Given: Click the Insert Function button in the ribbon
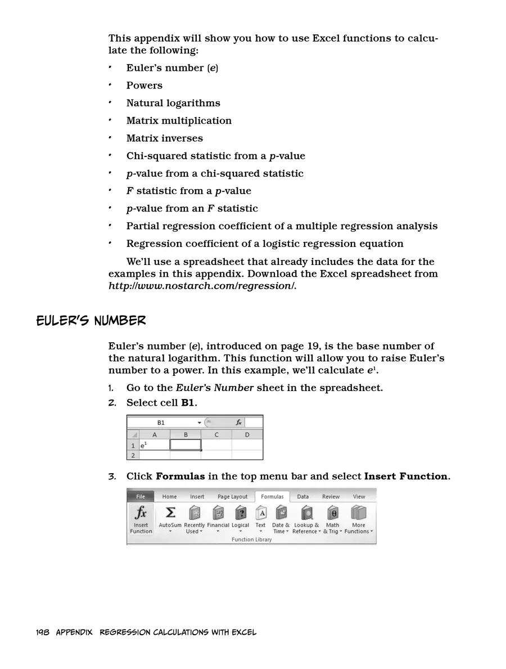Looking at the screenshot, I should point(141,519).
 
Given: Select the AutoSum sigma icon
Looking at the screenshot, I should point(170,513).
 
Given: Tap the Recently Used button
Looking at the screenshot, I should point(194,519).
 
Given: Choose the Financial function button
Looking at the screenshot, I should point(218,519).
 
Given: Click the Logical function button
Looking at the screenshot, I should point(241,519).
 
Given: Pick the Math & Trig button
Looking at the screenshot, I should point(333,519).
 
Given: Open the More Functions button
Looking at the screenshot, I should point(358,519).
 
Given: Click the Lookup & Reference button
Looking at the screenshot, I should point(306,519).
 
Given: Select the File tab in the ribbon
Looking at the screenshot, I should point(141,496).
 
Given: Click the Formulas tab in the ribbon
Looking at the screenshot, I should point(272,497).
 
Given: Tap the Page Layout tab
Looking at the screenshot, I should point(232,497).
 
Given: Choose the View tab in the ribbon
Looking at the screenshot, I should point(359,497).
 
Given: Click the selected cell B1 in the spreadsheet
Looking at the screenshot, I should point(186,445).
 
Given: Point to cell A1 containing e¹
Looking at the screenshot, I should point(154,445).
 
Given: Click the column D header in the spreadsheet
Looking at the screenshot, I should point(247,435).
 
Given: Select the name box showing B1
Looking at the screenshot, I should point(162,422).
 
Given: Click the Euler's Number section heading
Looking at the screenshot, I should point(91,321).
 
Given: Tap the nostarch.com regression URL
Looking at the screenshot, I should point(202,286).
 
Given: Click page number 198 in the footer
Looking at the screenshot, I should point(43,632).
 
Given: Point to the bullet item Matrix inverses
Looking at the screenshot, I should point(164,138).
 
